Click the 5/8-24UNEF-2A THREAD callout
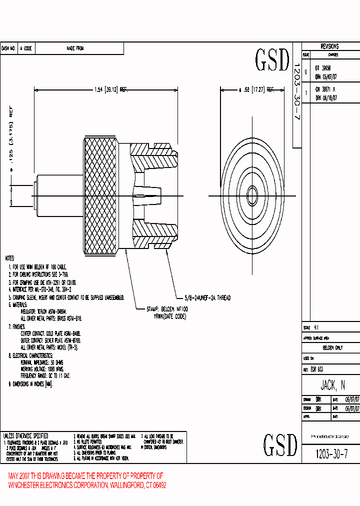203,298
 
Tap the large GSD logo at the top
272,60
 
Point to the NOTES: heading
9,258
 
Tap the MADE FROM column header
75,48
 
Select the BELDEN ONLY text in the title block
332,347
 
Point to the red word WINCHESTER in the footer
29,485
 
